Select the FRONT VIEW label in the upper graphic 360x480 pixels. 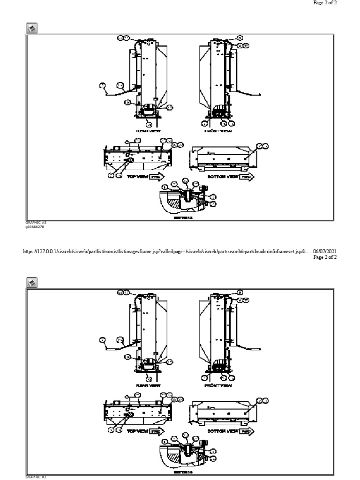pos(218,131)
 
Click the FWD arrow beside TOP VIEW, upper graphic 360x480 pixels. pos(157,177)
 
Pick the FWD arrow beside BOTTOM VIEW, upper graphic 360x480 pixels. pos(247,177)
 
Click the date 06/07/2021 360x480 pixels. pos(325,251)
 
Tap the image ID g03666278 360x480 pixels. pos(35,226)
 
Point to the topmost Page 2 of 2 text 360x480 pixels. pos(325,3)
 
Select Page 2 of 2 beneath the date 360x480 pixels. pos(325,257)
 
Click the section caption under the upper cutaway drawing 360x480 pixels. pos(180,218)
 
